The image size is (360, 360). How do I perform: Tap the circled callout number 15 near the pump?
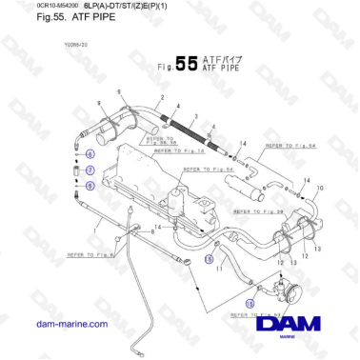click(x=250, y=305)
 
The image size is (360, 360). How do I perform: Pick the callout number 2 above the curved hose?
click(x=163, y=98)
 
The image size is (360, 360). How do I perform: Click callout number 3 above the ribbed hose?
click(x=195, y=113)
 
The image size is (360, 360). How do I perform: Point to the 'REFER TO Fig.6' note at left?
click(x=90, y=254)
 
